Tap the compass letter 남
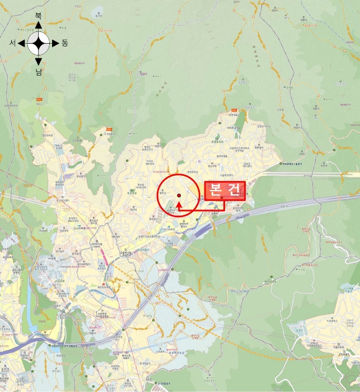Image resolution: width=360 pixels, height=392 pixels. [x=39, y=71]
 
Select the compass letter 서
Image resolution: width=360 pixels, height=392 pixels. [x=12, y=43]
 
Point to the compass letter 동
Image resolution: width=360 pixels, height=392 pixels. [x=65, y=43]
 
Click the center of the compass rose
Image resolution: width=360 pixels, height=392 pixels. [x=39, y=43]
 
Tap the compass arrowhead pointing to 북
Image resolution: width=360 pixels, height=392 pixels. [x=39, y=25]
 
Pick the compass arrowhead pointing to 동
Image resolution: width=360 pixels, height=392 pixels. [x=56, y=43]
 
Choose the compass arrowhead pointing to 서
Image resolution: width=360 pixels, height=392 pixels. [x=21, y=43]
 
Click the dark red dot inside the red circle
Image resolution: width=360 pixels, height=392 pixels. [x=179, y=195]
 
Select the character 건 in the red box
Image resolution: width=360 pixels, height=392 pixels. [x=235, y=191]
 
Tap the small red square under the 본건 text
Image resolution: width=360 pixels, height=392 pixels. [x=222, y=198]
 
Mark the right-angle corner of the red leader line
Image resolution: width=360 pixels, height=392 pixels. [x=224, y=209]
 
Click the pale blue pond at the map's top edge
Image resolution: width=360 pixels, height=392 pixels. [x=99, y=10]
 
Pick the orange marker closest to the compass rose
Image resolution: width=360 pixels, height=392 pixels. [x=40, y=96]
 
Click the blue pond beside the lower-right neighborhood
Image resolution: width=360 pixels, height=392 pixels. [x=296, y=329]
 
